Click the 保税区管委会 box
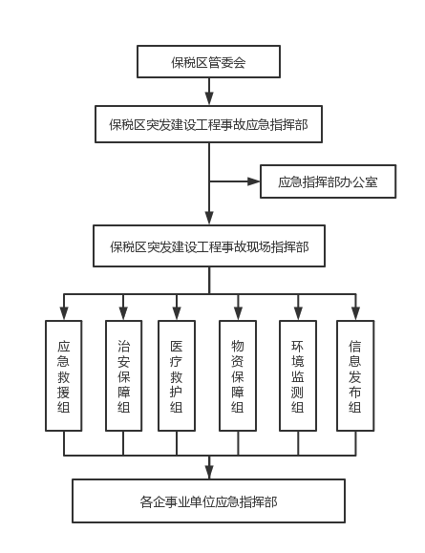[x=208, y=61]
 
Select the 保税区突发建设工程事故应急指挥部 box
[x=208, y=124]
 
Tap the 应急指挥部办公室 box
[x=328, y=181]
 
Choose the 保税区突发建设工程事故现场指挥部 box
[x=209, y=245]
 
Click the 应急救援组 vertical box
[x=63, y=375]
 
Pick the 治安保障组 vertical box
[x=124, y=375]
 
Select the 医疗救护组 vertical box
[x=177, y=375]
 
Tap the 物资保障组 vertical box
[x=238, y=375]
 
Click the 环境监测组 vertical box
[x=298, y=375]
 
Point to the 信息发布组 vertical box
[x=355, y=375]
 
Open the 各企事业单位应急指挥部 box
[x=208, y=500]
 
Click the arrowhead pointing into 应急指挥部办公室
[x=254, y=181]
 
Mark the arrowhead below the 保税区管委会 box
[x=209, y=98]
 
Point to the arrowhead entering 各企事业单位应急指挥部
[x=209, y=472]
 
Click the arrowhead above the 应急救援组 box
[x=64, y=313]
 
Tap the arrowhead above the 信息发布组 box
[x=355, y=313]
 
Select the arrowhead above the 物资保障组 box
[x=238, y=313]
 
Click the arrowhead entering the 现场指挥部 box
[x=209, y=219]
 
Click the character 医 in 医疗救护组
[x=177, y=346]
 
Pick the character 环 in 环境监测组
[x=298, y=346]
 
